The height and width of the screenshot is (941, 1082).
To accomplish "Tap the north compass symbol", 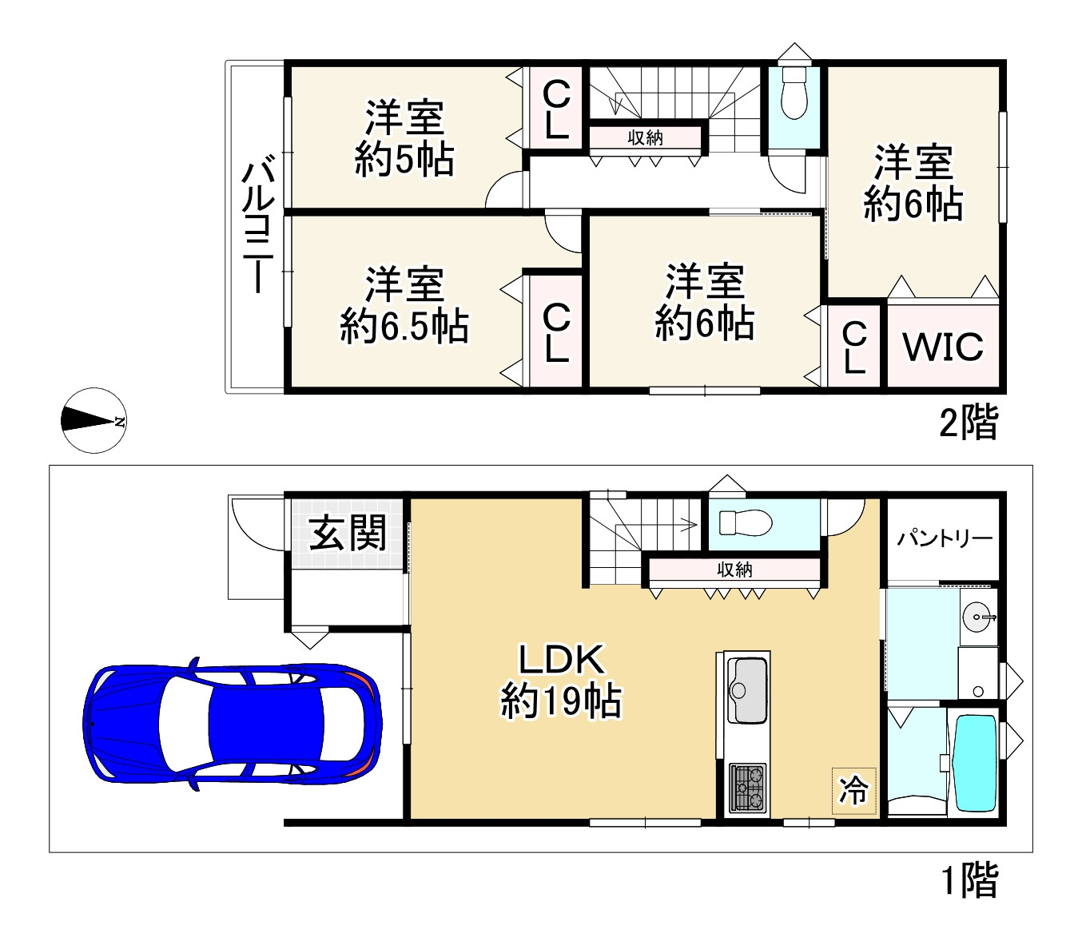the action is coord(94,420).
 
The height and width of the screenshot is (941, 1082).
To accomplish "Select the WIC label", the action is coord(943,347).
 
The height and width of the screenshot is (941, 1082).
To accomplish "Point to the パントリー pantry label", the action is coord(944,538).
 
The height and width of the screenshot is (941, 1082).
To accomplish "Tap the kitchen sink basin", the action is coord(747,690).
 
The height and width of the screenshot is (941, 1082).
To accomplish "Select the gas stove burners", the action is coord(747,788).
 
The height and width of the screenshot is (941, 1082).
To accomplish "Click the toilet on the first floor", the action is coord(746,523).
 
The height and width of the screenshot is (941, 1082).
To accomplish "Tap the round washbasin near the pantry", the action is coord(977,616).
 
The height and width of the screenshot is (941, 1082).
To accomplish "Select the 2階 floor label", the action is coord(969,421).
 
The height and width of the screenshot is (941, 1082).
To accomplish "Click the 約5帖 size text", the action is coord(404,160).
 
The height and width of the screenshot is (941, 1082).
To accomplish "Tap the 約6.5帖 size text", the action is coord(404,326).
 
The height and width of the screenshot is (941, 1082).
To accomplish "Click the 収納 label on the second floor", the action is coord(645,138).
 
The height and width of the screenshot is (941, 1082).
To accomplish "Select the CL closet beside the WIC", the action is coord(854,347).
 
